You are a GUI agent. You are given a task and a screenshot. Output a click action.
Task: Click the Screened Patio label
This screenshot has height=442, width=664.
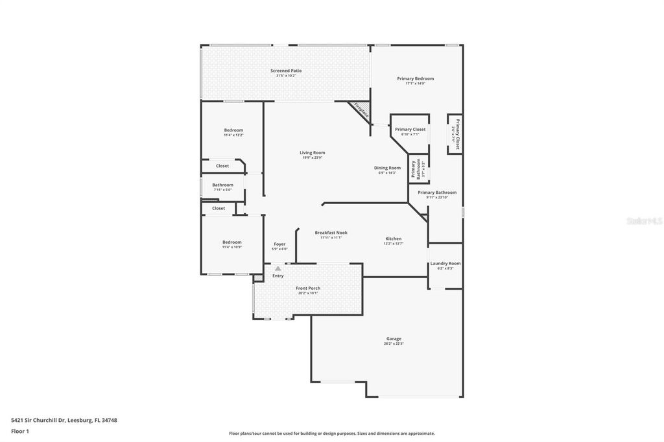pyautogui.click(x=286, y=71)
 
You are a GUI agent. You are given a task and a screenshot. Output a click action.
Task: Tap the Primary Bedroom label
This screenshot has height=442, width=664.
pyautogui.click(x=416, y=78)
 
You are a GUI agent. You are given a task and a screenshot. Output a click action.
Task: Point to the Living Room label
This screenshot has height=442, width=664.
pyautogui.click(x=313, y=153)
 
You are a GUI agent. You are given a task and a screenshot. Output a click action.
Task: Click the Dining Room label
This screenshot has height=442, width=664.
pyautogui.click(x=387, y=168)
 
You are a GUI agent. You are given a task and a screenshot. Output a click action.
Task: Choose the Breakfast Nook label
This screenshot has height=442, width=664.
pyautogui.click(x=331, y=233)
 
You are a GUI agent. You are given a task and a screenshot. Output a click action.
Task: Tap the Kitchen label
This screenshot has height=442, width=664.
pyautogui.click(x=394, y=238)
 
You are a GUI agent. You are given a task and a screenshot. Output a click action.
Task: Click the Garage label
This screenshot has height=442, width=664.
pyautogui.click(x=394, y=338)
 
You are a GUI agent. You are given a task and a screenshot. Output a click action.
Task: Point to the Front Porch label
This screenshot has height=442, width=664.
pyautogui.click(x=309, y=288)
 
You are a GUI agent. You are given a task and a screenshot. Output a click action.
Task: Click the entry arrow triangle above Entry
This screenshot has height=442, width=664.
pyautogui.click(x=278, y=268)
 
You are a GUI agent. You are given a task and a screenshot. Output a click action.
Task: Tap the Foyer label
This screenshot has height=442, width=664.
pyautogui.click(x=279, y=244)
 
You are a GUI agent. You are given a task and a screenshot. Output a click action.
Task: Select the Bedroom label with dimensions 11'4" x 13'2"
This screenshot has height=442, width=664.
pyautogui.click(x=233, y=130)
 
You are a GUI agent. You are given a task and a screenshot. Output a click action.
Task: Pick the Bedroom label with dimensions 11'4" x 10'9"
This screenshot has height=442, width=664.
pyautogui.click(x=232, y=242)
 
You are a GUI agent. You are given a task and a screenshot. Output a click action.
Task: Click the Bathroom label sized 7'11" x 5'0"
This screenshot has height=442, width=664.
pyautogui.click(x=222, y=185)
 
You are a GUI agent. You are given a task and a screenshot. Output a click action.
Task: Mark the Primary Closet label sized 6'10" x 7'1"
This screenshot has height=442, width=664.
pyautogui.click(x=410, y=129)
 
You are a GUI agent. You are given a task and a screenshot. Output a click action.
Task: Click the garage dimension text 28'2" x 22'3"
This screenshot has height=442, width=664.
pyautogui.click(x=394, y=344)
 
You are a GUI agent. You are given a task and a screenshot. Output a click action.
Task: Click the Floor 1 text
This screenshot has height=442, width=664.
pyautogui.click(x=20, y=431)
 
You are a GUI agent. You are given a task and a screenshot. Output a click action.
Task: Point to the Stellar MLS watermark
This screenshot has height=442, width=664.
pyautogui.click(x=643, y=221)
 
